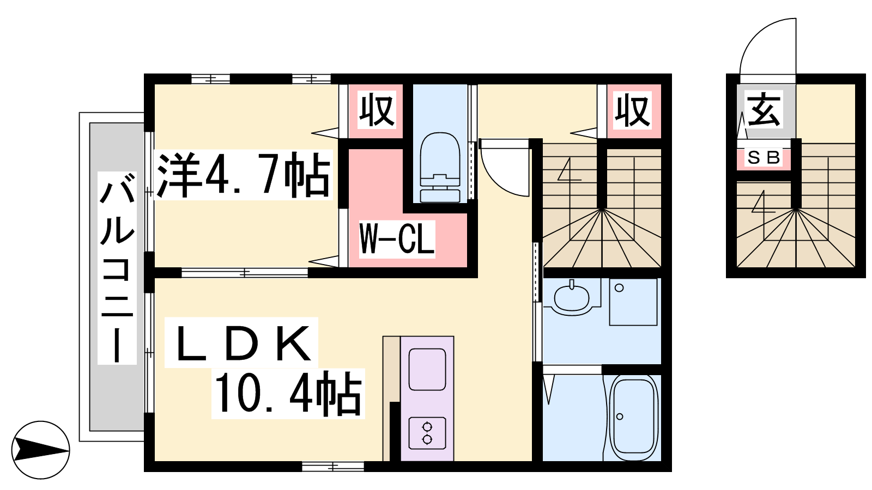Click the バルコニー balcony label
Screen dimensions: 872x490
(x=117, y=268)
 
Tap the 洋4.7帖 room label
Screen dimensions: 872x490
(x=244, y=175)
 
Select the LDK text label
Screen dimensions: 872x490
(x=241, y=342)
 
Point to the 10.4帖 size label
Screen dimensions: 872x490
(x=288, y=393)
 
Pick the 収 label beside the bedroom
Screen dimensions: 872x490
(x=377, y=109)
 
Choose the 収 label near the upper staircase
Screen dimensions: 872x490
(x=633, y=109)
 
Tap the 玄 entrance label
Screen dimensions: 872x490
(x=764, y=109)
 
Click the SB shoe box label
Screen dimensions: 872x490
(x=764, y=157)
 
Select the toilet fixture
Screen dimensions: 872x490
(x=440, y=167)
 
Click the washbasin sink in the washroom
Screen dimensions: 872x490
(x=572, y=300)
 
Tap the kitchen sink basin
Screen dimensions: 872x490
(x=427, y=370)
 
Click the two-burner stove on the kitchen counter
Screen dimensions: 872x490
(x=427, y=433)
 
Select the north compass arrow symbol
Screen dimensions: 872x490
(x=40, y=450)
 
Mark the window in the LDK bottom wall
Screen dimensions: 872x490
(x=333, y=466)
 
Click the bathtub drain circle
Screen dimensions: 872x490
(x=620, y=416)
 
